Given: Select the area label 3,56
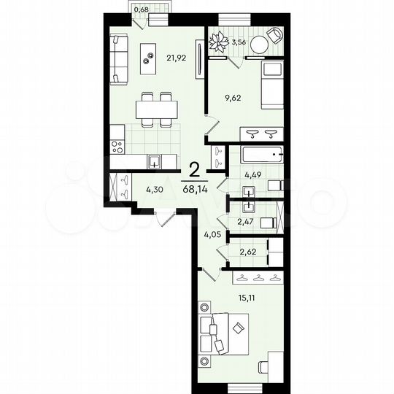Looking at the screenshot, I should click(238, 42).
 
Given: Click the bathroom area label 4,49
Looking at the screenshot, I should click(253, 174).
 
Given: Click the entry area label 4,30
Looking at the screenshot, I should click(155, 190).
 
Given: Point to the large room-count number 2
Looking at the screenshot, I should click(195, 171).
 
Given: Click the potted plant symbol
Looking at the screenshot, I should click(218, 42).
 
